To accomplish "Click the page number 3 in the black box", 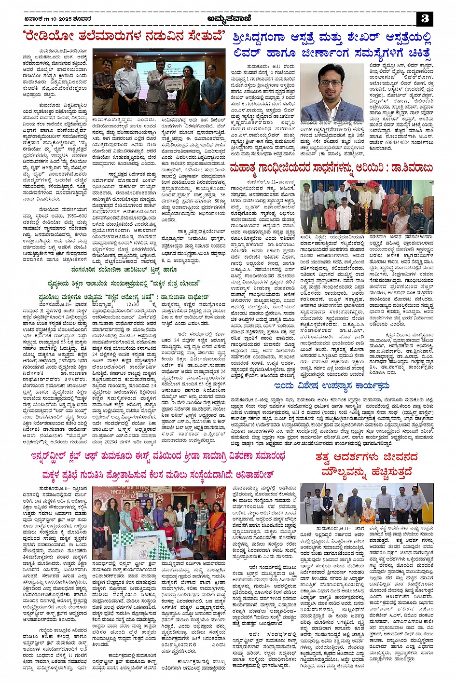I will click(x=425, y=19).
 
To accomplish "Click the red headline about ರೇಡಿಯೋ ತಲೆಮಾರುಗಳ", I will click(x=124, y=37).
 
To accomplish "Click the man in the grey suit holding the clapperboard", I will click(x=158, y=86).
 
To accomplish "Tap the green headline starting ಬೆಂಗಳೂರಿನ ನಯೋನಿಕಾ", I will click(x=124, y=270).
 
